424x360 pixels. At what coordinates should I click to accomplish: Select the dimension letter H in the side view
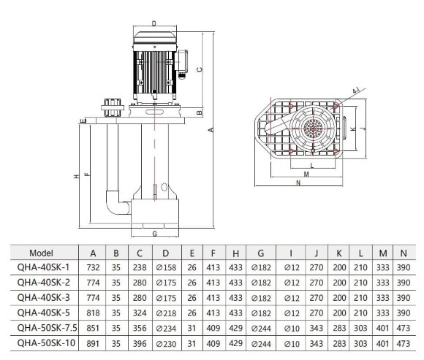75,177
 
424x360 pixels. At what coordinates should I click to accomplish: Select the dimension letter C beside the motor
200,69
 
